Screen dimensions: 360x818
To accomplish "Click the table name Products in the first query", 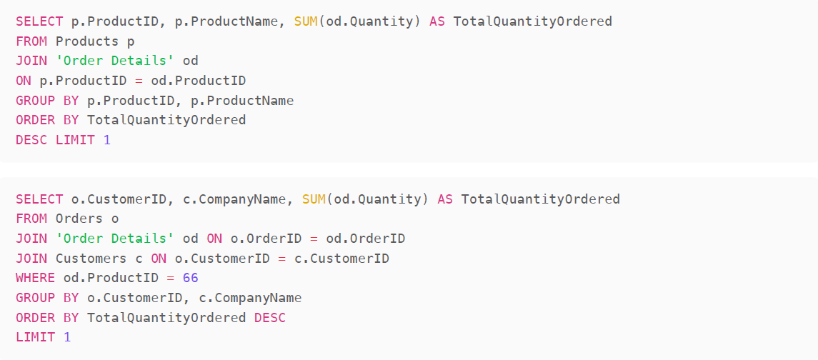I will coord(87,41).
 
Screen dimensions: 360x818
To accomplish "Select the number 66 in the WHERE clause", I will coord(191,277).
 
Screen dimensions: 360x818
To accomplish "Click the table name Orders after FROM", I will coord(79,219).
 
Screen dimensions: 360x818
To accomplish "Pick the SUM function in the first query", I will coord(306,21).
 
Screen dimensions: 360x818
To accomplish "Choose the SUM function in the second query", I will coord(314,199).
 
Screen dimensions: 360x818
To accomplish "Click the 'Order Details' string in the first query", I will coord(115,61).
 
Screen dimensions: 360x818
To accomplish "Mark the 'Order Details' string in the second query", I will coord(115,238).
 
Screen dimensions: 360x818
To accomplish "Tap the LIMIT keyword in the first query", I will coord(75,140).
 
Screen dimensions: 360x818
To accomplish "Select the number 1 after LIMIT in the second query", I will coord(67,336).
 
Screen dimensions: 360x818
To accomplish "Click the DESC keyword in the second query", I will coord(270,317).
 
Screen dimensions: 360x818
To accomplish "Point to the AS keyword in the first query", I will coord(437,21).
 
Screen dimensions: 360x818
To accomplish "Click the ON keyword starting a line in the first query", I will coord(24,81).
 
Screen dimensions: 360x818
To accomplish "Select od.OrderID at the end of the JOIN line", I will coord(366,238).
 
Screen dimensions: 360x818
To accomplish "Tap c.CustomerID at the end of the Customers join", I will coord(341,258).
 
